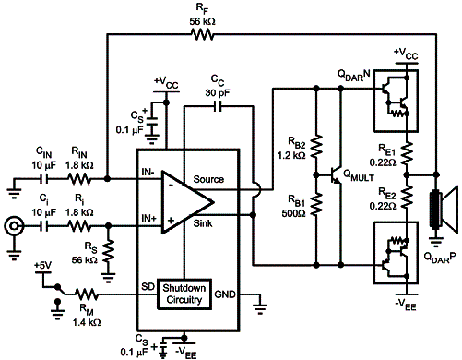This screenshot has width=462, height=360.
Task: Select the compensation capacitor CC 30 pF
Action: click(x=219, y=106)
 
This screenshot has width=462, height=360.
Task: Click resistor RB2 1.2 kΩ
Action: click(x=315, y=149)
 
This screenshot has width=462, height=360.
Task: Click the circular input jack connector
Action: click(x=13, y=224)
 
